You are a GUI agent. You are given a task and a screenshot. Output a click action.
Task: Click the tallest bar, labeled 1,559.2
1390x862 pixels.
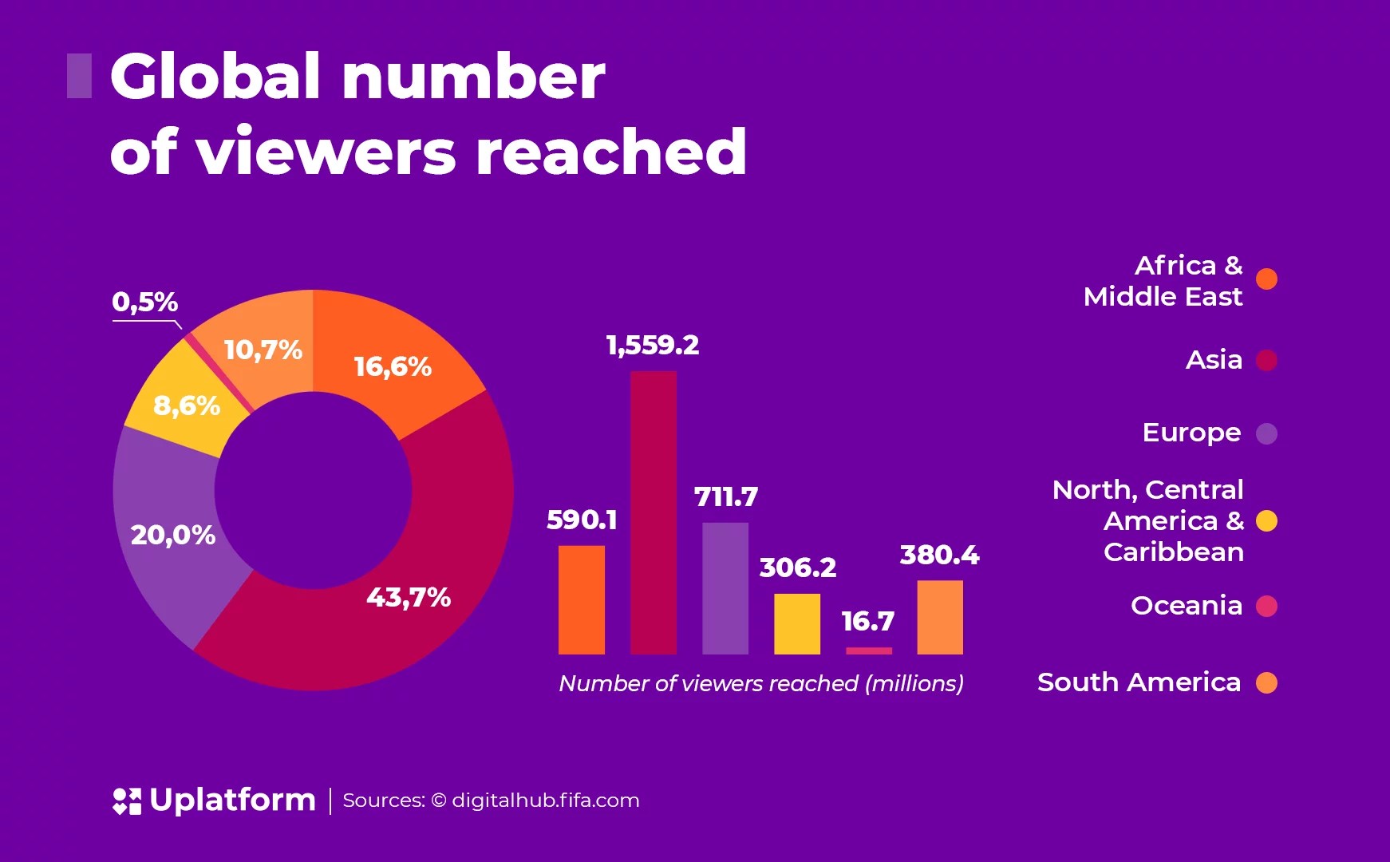653,512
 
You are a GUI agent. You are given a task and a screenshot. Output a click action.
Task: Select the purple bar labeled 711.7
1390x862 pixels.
725,588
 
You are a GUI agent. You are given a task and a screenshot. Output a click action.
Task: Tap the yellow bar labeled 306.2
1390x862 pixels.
796,623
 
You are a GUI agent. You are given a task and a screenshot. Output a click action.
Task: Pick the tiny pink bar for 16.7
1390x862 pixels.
868,650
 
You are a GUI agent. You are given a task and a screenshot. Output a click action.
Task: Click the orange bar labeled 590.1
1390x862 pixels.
581,599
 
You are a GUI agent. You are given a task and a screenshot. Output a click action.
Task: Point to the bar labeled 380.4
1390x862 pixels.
940,617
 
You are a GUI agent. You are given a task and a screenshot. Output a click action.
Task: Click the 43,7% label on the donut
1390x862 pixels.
409,597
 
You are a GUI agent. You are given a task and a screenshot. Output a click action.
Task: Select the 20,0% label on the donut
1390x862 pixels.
173,535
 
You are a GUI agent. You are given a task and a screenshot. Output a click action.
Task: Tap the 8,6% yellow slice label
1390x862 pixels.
187,405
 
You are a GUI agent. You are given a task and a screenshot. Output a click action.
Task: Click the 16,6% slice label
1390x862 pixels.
393,366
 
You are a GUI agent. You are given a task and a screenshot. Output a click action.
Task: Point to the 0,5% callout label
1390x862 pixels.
144,302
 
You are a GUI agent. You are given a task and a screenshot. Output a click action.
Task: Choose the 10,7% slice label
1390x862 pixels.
263,350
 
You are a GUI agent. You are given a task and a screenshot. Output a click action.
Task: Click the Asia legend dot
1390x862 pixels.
1266,361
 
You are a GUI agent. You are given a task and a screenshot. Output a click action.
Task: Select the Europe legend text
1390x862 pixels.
1191,433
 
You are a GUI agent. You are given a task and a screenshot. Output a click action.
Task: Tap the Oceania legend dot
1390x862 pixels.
1266,607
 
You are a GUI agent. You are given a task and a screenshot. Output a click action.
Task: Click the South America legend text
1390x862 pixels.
1139,682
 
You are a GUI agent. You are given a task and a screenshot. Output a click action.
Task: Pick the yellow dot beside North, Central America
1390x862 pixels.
1266,521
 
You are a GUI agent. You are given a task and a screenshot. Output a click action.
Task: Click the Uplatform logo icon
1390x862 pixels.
127,801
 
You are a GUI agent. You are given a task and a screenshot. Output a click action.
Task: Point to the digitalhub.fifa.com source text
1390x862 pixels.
545,801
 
